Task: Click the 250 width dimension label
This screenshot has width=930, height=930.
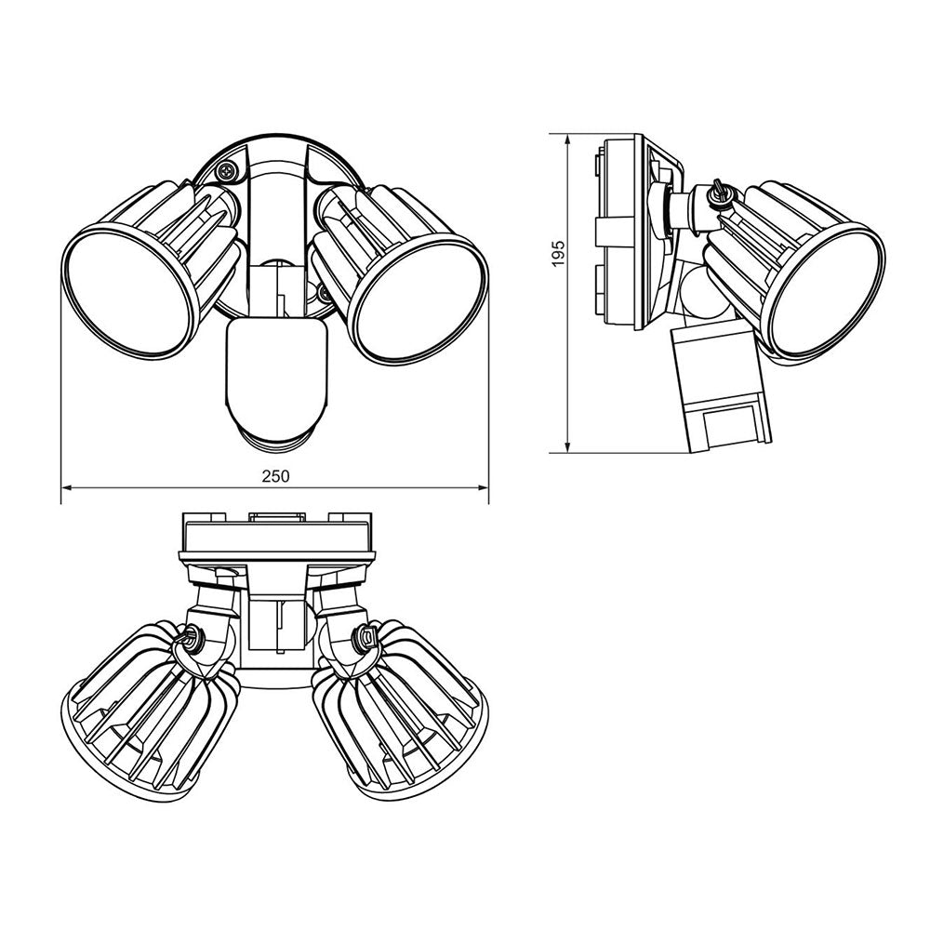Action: tap(275, 475)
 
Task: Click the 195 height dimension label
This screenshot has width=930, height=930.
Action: tap(558, 254)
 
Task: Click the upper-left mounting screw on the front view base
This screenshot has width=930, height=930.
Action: tap(227, 171)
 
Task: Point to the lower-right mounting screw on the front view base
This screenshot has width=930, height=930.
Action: tap(324, 292)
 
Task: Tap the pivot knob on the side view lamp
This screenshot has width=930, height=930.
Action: tap(718, 194)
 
